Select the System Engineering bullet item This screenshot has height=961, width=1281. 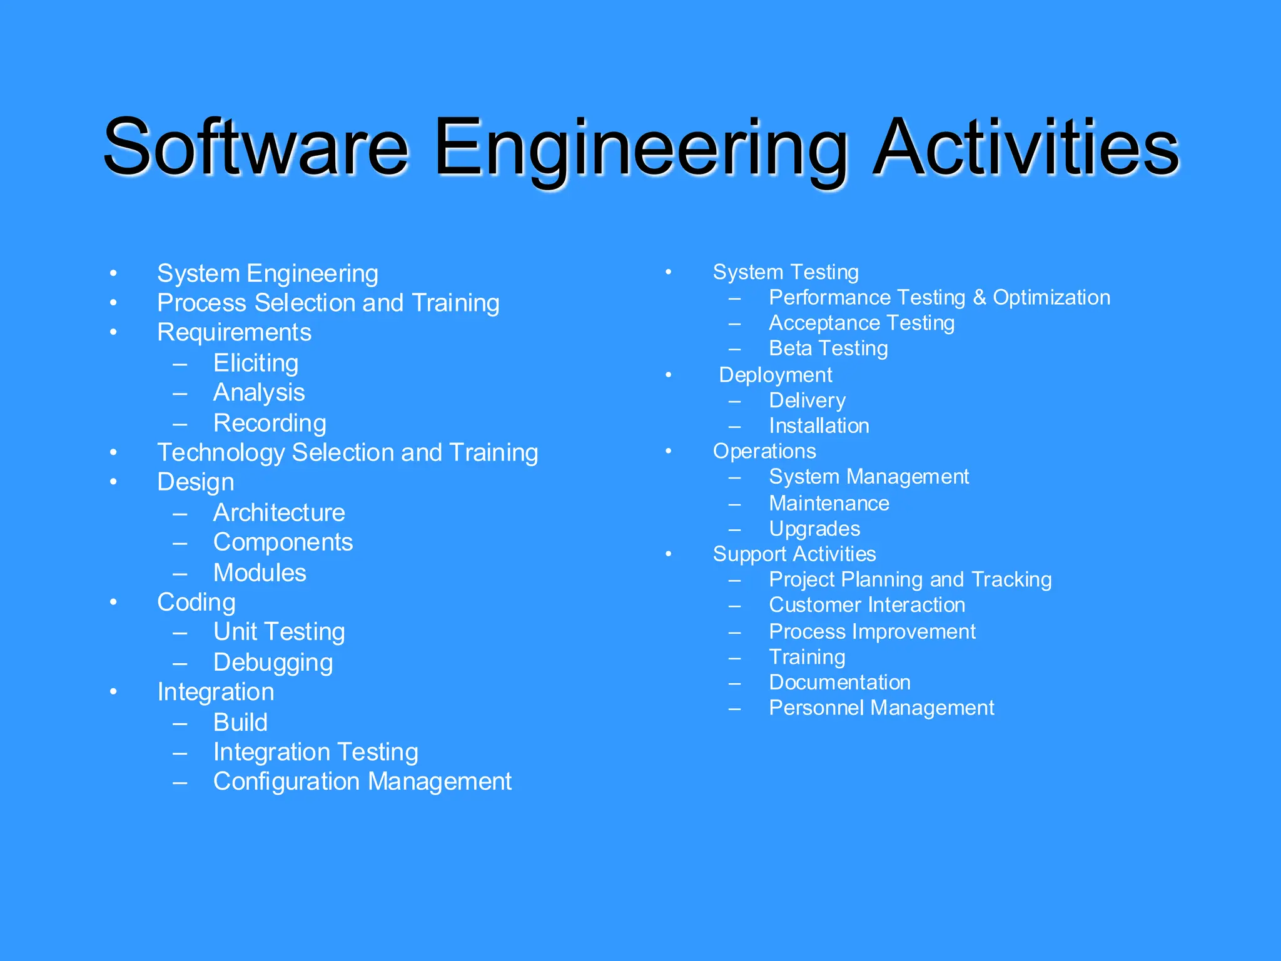pyautogui.click(x=268, y=273)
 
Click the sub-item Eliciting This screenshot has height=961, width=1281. pyautogui.click(x=256, y=363)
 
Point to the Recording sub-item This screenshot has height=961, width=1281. pyautogui.click(x=270, y=423)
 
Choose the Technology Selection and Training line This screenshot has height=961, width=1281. pyautogui.click(x=347, y=452)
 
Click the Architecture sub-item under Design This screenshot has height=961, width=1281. pyautogui.click(x=279, y=512)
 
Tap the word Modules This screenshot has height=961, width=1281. pyautogui.click(x=260, y=572)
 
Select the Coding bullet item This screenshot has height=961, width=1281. pyautogui.click(x=196, y=602)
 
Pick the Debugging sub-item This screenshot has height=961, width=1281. pyautogui.click(x=273, y=662)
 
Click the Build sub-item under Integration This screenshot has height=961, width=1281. pyautogui.click(x=240, y=722)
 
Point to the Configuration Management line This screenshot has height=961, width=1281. pyautogui.click(x=362, y=781)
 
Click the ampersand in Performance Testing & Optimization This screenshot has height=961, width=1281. pyautogui.click(x=980, y=298)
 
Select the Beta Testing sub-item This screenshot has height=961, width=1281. pyautogui.click(x=828, y=348)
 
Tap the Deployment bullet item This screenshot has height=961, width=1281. pyautogui.click(x=776, y=375)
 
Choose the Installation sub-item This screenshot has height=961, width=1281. pyautogui.click(x=819, y=425)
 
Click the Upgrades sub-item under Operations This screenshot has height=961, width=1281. pyautogui.click(x=814, y=529)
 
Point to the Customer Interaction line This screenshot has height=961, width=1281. pyautogui.click(x=867, y=605)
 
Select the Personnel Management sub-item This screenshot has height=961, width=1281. pyautogui.click(x=881, y=708)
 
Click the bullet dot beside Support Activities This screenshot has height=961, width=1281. pyautogui.click(x=669, y=554)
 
